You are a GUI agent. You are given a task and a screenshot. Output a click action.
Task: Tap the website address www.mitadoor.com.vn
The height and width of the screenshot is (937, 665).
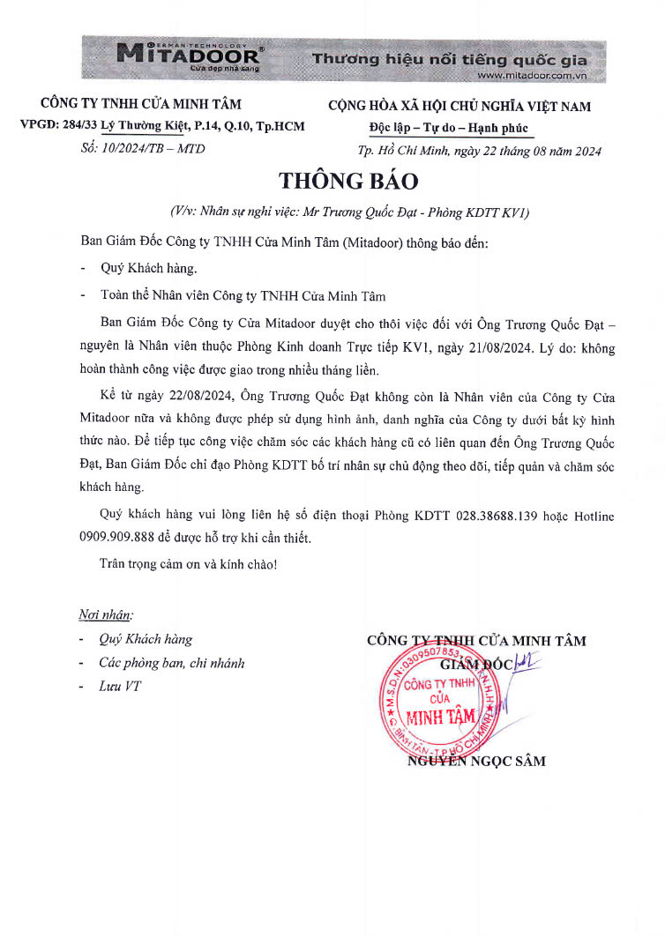tap(537, 76)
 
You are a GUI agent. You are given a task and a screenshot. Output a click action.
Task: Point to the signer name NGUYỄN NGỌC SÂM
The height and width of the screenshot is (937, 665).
tap(476, 761)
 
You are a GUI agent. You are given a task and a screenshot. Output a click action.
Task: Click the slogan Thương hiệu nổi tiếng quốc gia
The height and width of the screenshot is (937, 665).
tap(450, 60)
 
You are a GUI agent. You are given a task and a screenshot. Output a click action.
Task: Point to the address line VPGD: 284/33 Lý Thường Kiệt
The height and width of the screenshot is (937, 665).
tap(162, 126)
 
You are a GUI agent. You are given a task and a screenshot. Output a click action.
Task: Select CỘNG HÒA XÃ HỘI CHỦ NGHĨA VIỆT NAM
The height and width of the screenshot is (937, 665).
tap(460, 107)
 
